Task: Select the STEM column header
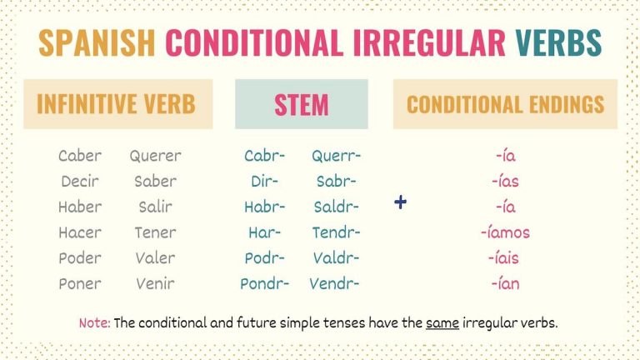301,104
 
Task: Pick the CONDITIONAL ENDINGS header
505,104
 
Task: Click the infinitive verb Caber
80,156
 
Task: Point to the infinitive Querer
155,156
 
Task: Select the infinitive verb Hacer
80,232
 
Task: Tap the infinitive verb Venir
155,284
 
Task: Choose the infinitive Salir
155,207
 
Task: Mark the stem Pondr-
264,284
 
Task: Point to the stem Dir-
264,181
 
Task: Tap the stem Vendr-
334,284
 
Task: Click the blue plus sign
401,202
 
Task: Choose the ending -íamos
506,232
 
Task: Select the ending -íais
506,258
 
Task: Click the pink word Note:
94,322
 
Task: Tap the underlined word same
442,322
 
